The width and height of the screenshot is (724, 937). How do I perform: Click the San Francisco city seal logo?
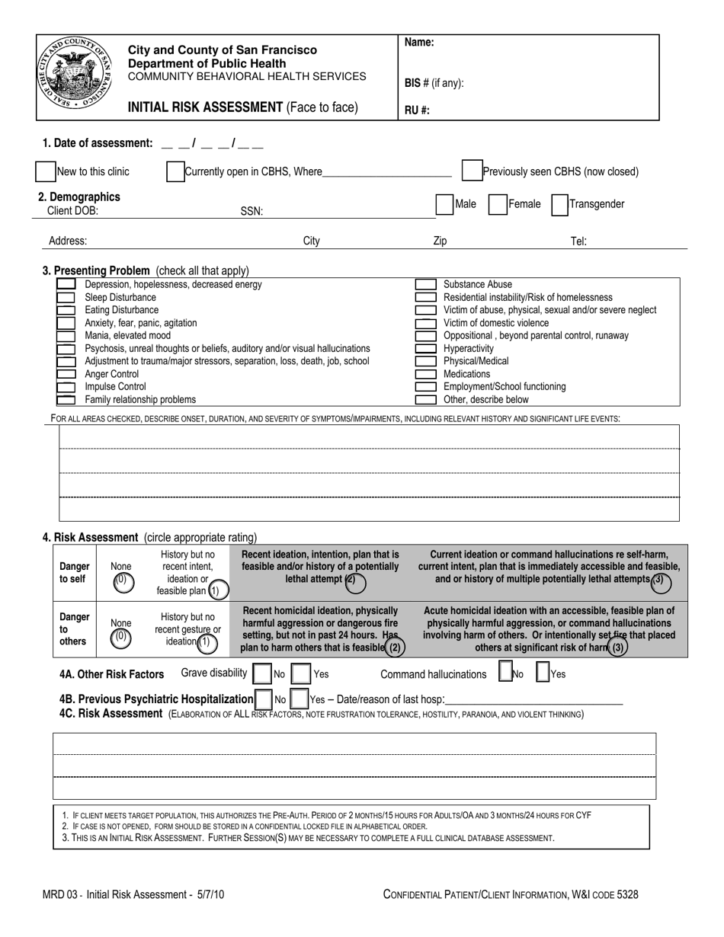click(x=74, y=76)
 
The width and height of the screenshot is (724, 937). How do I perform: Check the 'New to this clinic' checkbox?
click(x=46, y=171)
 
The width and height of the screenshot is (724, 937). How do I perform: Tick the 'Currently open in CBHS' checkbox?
click(x=175, y=171)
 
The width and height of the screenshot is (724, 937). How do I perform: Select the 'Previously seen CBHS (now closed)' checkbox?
click(x=472, y=171)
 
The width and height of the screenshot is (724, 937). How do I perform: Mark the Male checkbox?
click(x=444, y=204)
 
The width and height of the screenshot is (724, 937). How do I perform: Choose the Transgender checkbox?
click(x=559, y=204)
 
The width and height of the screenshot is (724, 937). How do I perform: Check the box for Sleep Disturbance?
click(x=66, y=298)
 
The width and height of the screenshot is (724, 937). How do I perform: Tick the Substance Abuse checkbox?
click(x=425, y=285)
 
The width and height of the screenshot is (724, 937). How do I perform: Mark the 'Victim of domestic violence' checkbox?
click(x=425, y=323)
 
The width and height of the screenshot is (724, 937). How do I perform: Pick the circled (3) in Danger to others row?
click(x=618, y=648)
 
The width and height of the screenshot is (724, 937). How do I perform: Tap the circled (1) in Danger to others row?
click(x=204, y=642)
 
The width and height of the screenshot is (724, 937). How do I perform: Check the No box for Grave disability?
click(x=261, y=674)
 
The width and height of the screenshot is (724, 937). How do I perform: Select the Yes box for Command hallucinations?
click(x=544, y=673)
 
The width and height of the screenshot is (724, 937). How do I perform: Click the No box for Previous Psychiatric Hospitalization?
click(x=264, y=699)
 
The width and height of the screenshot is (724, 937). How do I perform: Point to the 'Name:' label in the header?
click(x=419, y=43)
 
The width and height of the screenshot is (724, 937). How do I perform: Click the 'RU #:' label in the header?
click(x=417, y=110)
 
